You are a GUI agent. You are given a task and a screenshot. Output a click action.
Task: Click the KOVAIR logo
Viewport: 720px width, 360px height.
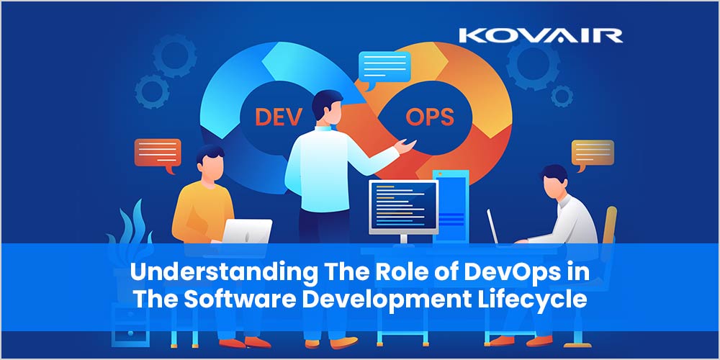tap(541, 35)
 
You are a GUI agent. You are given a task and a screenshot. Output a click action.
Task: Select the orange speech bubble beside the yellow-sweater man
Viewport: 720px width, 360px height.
tap(156, 153)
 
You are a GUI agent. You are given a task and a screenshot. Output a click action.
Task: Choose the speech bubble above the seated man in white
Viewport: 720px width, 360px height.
tap(592, 153)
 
